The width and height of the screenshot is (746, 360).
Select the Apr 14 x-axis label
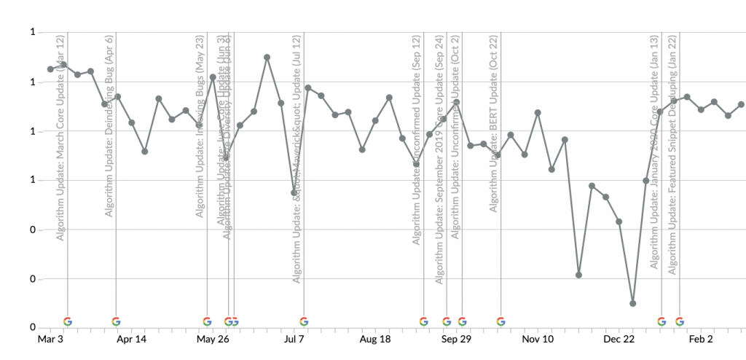tap(131, 339)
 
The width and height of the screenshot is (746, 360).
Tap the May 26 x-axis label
tap(213, 339)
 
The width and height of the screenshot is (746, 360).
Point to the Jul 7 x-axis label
tap(294, 339)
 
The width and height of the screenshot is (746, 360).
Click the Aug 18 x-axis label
tap(375, 339)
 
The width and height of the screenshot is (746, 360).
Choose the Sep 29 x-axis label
tap(457, 339)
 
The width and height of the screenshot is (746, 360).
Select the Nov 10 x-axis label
tap(538, 339)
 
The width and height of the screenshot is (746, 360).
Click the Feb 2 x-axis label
tap(701, 339)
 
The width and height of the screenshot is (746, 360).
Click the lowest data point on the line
tap(633, 303)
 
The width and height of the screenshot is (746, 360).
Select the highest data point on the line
tap(267, 57)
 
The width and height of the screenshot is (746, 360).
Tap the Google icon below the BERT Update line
tap(500, 321)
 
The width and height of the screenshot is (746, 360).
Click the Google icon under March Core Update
tap(68, 321)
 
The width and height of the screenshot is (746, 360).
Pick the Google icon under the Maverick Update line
tap(304, 321)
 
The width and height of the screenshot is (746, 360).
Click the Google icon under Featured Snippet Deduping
tap(680, 321)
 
